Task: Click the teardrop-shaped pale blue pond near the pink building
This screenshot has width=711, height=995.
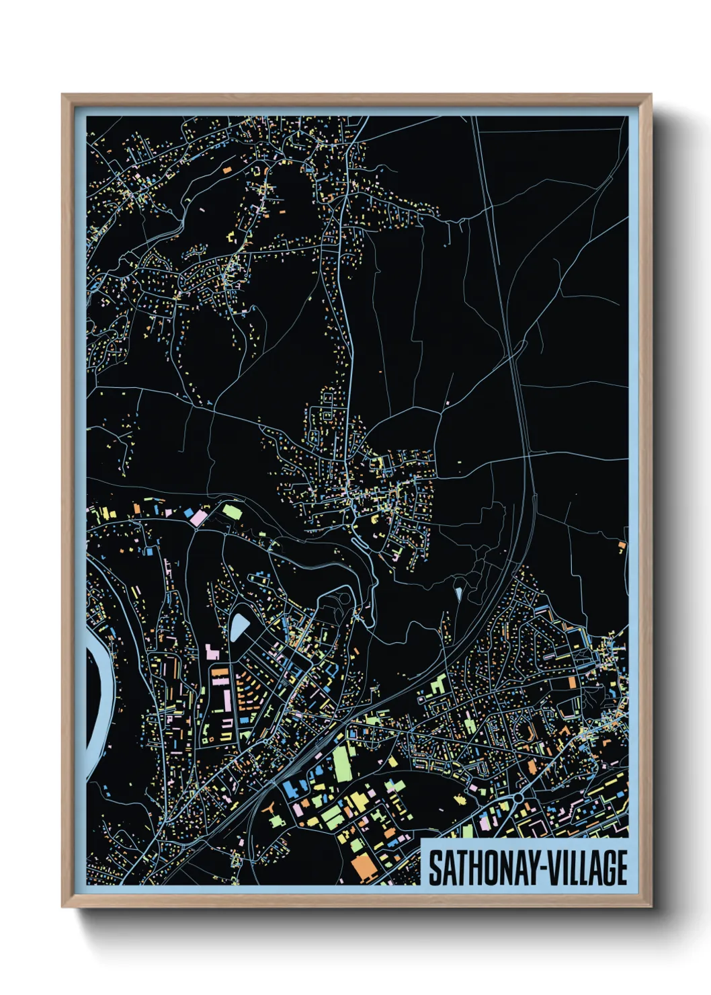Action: [239, 627]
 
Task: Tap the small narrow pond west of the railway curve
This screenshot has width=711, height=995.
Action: [458, 594]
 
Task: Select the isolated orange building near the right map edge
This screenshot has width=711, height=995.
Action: [622, 545]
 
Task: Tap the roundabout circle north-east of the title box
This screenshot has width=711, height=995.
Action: [518, 797]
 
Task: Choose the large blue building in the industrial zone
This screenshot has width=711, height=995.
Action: [291, 789]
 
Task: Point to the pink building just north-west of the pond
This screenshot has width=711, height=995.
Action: [211, 652]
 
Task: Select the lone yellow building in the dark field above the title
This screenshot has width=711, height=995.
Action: [460, 799]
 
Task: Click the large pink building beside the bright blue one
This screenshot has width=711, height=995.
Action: [199, 518]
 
